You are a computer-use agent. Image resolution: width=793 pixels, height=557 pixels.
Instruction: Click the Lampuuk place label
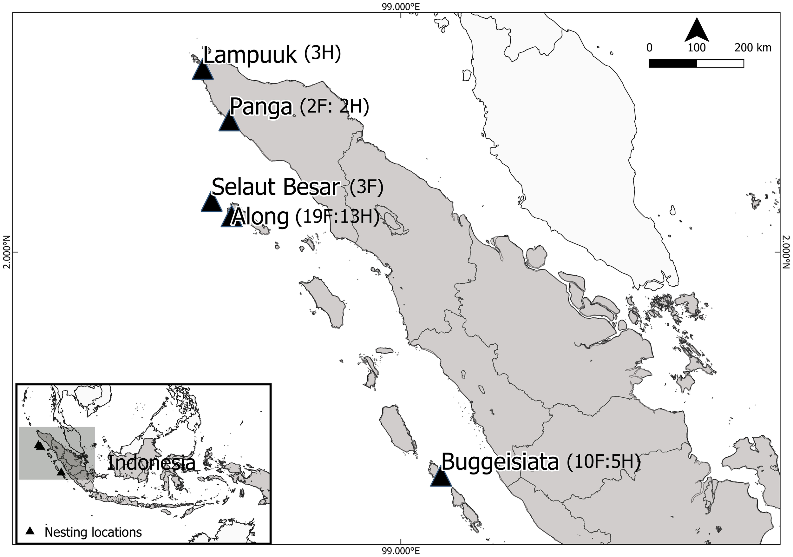point(249,55)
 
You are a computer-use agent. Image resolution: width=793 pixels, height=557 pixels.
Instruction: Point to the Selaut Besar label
point(275,187)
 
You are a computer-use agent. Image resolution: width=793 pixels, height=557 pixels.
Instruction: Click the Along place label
point(261,217)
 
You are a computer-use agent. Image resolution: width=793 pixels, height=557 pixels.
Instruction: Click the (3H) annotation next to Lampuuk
point(323,54)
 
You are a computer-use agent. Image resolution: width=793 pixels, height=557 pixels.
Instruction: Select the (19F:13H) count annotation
point(337,218)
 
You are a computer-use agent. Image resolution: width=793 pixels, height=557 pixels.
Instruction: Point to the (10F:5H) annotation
point(603,462)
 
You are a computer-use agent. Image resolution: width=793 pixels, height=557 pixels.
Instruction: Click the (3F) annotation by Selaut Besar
point(366,188)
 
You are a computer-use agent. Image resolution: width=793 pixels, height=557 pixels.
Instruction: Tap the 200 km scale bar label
point(753,48)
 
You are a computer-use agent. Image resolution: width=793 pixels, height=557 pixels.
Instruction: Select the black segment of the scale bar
point(673,63)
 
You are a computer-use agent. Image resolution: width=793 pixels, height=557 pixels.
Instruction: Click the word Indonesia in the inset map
point(152,463)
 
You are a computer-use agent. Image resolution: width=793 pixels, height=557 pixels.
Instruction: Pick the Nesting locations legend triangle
point(30,531)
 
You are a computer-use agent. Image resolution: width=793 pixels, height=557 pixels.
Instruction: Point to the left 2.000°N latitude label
point(7,252)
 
